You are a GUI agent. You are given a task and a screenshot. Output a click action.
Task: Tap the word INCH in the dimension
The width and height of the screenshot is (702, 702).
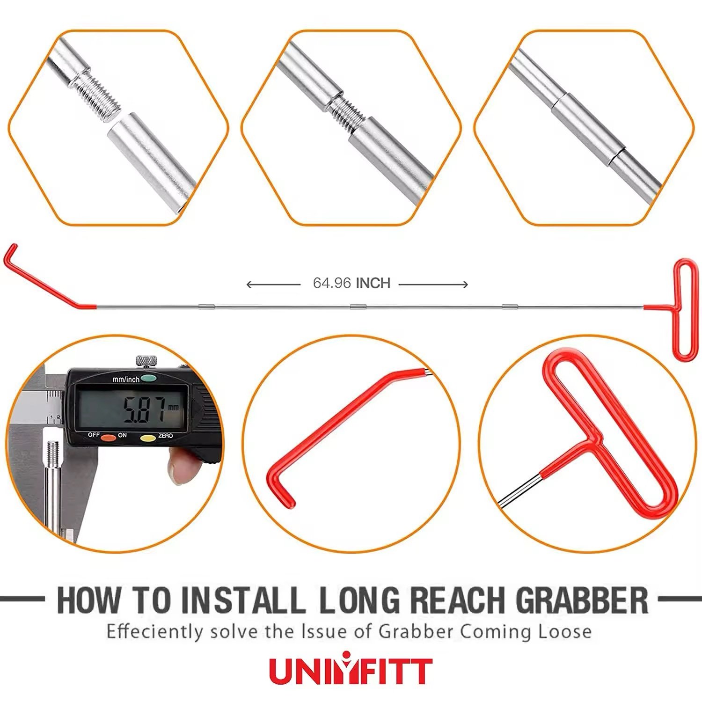click(373, 283)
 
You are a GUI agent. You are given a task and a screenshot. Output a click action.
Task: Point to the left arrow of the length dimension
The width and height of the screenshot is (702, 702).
click(273, 285)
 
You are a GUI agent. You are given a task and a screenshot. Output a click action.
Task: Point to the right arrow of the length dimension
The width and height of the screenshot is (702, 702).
click(433, 285)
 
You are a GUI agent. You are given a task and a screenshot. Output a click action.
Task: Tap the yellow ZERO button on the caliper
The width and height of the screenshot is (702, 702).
click(148, 439)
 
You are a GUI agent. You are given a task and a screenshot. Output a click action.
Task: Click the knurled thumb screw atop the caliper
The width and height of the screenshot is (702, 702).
click(146, 362)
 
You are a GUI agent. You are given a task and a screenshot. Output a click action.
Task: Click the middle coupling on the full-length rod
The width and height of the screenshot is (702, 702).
click(358, 307)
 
